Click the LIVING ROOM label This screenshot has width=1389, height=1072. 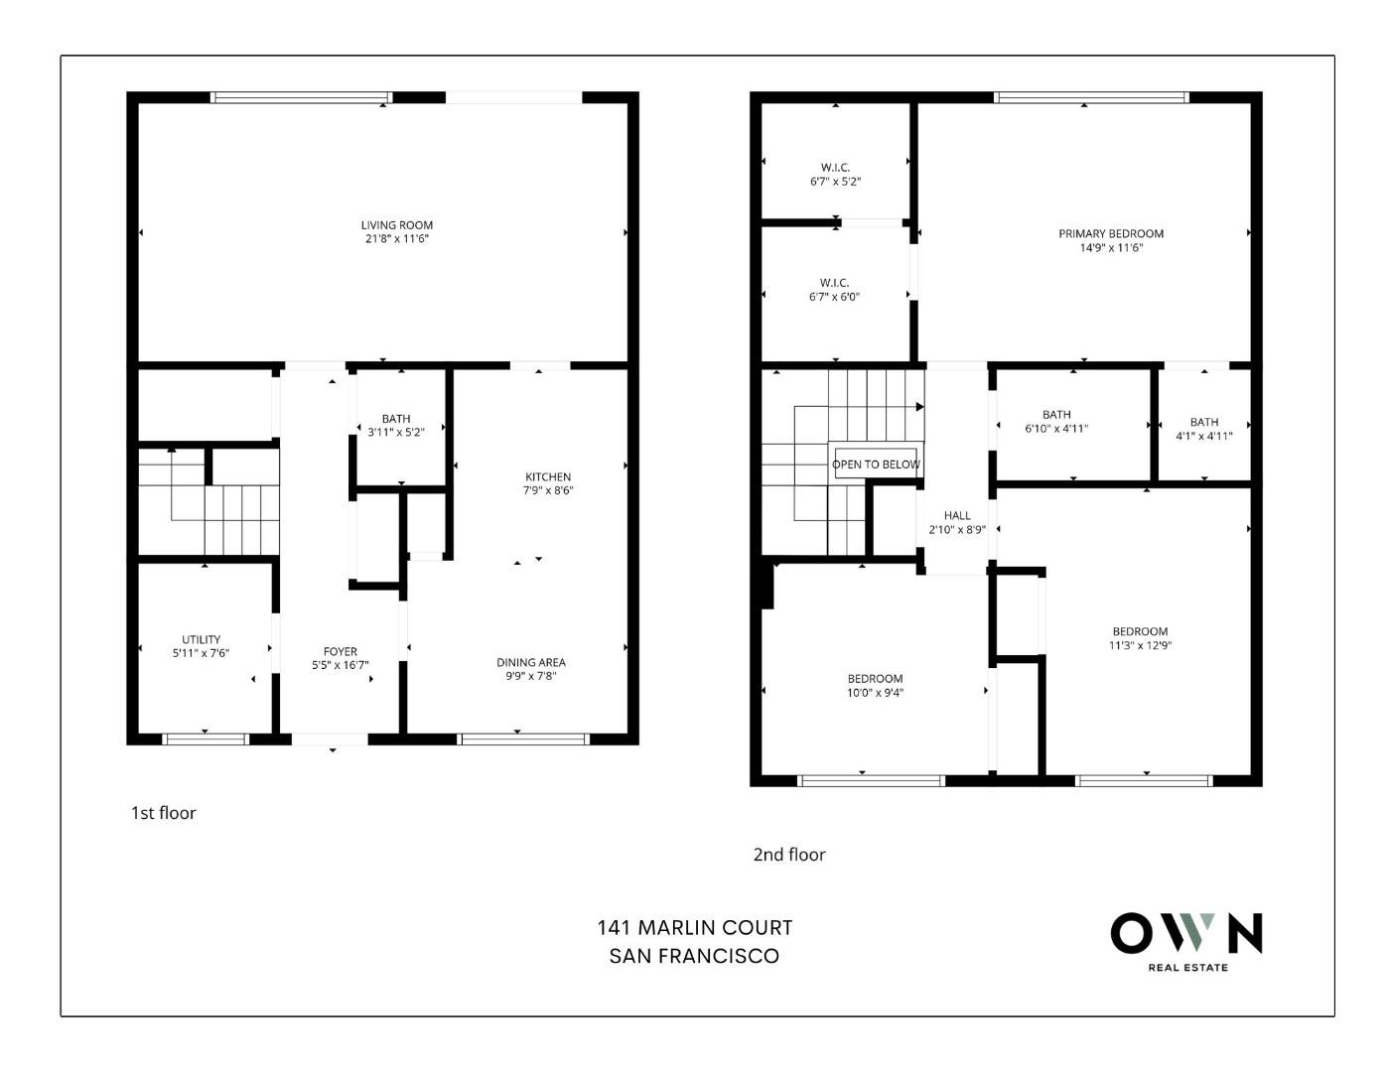click(396, 225)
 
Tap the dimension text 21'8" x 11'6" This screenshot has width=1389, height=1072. click(396, 239)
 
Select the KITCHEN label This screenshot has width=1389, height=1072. click(548, 476)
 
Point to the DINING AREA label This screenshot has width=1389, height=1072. click(531, 662)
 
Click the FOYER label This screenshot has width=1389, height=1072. click(340, 652)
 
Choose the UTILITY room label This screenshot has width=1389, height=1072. click(201, 639)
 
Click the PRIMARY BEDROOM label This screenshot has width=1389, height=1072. click(1110, 234)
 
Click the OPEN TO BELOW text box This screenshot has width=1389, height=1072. click(876, 464)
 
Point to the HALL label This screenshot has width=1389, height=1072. click(957, 515)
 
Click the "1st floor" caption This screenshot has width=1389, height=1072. click(164, 813)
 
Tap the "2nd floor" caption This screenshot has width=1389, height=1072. click(789, 855)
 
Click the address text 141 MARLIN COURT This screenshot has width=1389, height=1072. click(694, 928)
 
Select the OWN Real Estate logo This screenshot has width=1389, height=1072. click(1186, 939)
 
